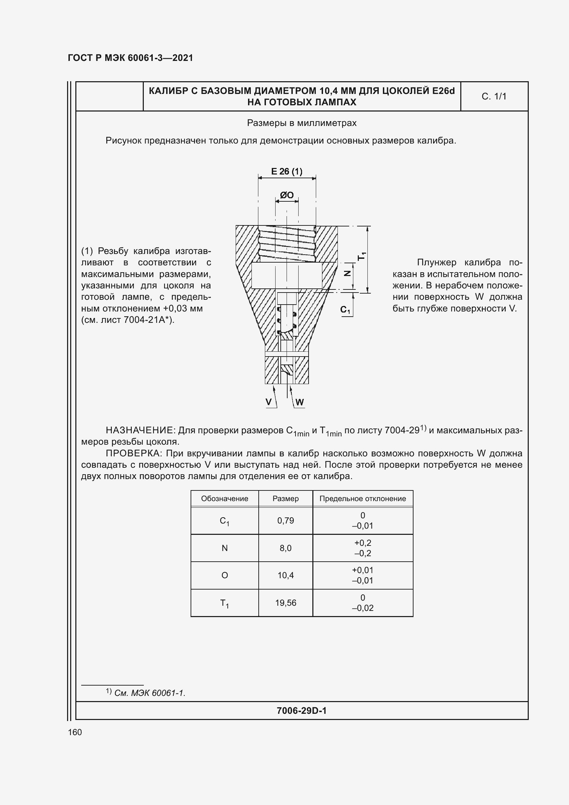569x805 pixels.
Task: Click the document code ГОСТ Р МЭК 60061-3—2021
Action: [130, 58]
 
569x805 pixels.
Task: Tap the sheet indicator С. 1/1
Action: [494, 96]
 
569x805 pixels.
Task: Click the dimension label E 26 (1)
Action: [286, 171]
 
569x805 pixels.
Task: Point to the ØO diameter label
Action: [287, 195]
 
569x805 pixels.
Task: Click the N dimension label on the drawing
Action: [347, 274]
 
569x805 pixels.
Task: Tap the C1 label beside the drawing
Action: [345, 310]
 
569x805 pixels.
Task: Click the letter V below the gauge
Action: [269, 402]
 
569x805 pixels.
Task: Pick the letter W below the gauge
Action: [300, 402]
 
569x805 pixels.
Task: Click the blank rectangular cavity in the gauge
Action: [287, 276]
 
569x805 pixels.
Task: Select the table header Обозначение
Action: [225, 499]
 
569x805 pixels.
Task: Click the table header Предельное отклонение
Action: [363, 499]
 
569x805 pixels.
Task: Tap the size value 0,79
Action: [286, 521]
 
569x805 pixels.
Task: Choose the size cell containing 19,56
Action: [286, 603]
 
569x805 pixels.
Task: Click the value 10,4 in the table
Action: [286, 575]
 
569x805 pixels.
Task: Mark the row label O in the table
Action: [225, 575]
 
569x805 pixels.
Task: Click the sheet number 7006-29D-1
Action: [301, 711]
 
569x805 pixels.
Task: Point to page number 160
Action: [75, 732]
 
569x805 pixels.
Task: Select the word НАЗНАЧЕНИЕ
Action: [140, 430]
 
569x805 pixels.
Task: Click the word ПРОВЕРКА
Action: [134, 453]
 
